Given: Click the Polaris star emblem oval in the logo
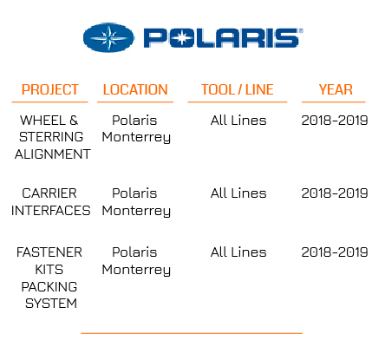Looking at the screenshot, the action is [x=108, y=37].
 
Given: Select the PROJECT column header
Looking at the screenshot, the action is [x=50, y=89].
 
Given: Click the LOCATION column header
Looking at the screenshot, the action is [x=135, y=89].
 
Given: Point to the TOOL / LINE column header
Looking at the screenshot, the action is [x=238, y=89].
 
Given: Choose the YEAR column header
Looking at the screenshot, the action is [x=336, y=89].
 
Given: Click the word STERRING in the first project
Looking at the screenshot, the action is [x=51, y=137].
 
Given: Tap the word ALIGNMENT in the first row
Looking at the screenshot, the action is [x=53, y=154].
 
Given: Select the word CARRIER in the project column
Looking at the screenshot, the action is [x=49, y=193].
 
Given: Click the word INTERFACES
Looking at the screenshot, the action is [x=51, y=211].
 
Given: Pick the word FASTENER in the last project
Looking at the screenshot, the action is [x=49, y=252].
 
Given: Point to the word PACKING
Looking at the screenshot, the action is [x=49, y=287].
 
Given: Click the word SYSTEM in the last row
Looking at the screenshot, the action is [x=51, y=304].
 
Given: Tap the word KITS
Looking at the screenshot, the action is [x=49, y=270].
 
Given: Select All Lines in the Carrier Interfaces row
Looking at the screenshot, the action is [x=238, y=193].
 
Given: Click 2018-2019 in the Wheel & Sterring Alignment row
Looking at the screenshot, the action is [x=335, y=121].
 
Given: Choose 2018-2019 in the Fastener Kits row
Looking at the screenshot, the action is [x=335, y=252].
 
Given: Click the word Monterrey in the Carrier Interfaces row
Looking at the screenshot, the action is [x=136, y=211].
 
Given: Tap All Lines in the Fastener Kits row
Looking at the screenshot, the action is [x=238, y=252].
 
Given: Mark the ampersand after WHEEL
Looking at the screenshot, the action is [x=74, y=121].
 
